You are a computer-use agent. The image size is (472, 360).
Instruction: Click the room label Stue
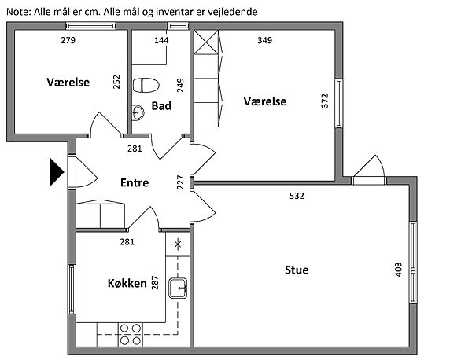pyautogui.click(x=297, y=270)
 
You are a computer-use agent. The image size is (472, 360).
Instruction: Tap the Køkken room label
pyautogui.click(x=127, y=283)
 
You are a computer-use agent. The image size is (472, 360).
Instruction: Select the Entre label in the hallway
pyautogui.click(x=135, y=182)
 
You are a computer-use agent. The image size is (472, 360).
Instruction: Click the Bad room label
pyautogui.click(x=162, y=106)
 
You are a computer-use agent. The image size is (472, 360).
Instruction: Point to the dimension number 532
pyautogui.click(x=297, y=196)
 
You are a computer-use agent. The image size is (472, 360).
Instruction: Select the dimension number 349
pyautogui.click(x=264, y=40)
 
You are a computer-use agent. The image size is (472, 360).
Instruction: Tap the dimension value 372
pyautogui.click(x=325, y=101)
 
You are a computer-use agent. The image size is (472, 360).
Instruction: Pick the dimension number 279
pyautogui.click(x=68, y=40)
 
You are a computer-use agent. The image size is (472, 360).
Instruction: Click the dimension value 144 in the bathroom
pyautogui.click(x=161, y=40)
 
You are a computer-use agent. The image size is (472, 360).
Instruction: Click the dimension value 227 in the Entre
pyautogui.click(x=180, y=182)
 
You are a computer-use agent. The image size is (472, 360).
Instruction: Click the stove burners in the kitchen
pyautogui.click(x=130, y=333)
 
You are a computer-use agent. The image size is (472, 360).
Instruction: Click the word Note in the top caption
pyautogui.click(x=18, y=12)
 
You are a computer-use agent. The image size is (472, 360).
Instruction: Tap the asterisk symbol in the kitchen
pyautogui.click(x=179, y=242)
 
